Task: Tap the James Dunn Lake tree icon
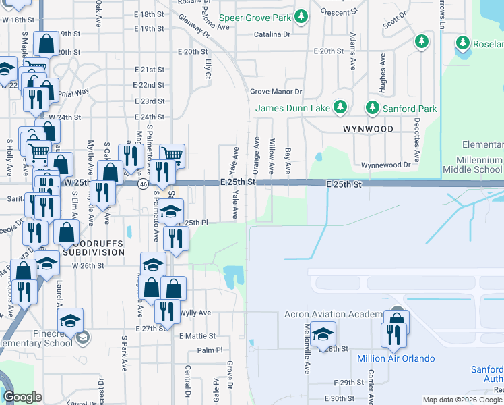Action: tap(340, 107)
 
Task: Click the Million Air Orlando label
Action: tap(396, 358)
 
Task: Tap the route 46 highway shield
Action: tap(143, 184)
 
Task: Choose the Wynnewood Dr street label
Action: tap(385, 165)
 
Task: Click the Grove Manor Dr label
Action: tap(276, 91)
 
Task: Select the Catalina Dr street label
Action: tap(272, 34)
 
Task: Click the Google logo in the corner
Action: tap(22, 396)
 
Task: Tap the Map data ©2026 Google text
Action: tap(462, 400)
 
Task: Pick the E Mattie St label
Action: tap(197, 335)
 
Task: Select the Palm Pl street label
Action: tap(210, 350)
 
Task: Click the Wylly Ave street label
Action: tap(195, 313)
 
